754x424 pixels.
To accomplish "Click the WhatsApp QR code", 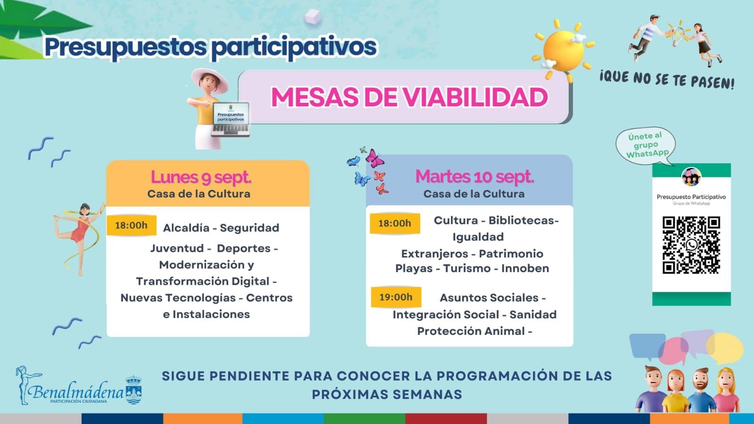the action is [x=691, y=245].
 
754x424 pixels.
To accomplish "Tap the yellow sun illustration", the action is [x=563, y=50].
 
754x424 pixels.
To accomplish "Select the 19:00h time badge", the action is [x=396, y=297].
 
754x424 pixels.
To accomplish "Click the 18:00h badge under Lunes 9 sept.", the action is [x=131, y=225].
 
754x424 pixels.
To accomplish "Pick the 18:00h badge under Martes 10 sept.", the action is [x=395, y=223].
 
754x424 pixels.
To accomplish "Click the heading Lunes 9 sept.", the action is [x=201, y=177].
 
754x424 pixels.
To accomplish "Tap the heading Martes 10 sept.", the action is [x=475, y=176].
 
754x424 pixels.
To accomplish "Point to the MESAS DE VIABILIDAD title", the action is [x=409, y=97].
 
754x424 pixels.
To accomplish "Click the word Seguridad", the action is [x=249, y=228].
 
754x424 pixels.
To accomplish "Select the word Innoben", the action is [x=525, y=268].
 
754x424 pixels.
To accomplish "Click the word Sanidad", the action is [x=533, y=315].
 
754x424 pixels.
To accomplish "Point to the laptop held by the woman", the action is [x=231, y=119].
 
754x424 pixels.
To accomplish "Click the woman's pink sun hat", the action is [x=209, y=80].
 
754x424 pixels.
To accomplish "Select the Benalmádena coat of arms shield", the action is [x=133, y=390].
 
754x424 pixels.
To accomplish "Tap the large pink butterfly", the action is [x=374, y=158].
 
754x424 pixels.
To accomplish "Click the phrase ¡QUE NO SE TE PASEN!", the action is [x=667, y=80].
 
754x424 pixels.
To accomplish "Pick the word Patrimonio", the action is [x=511, y=254].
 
